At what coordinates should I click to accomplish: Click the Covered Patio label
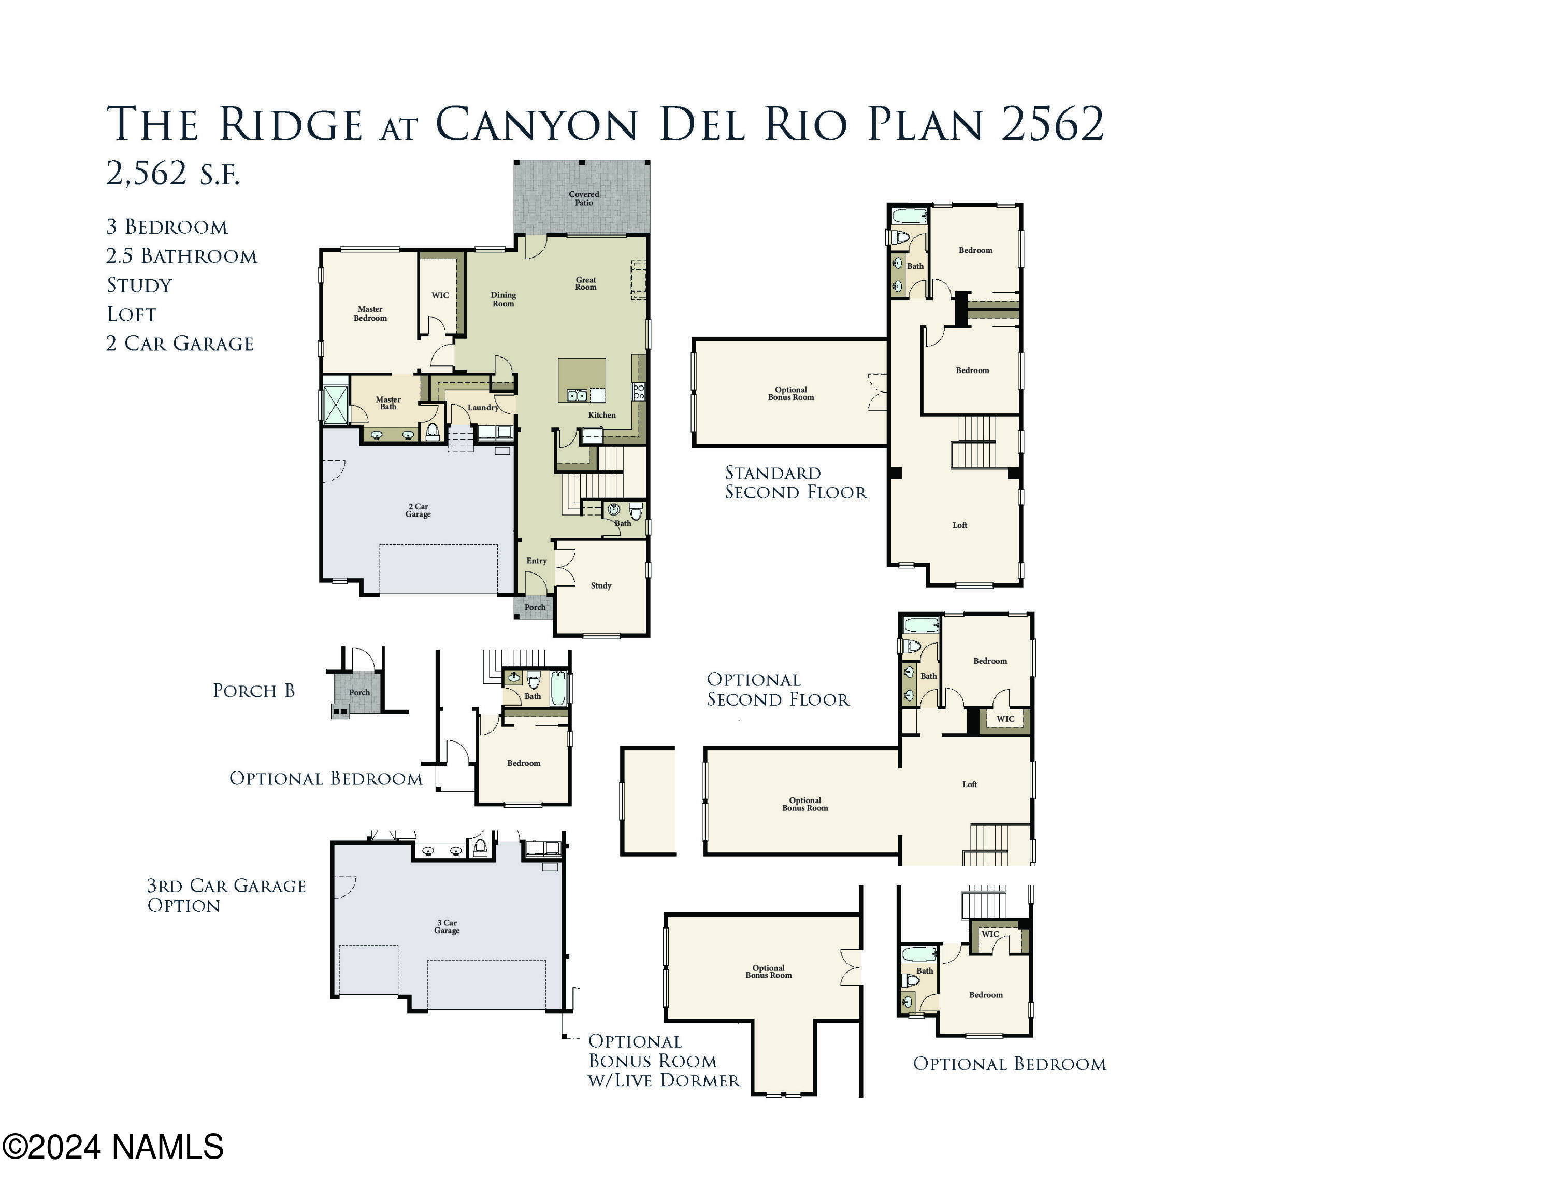click(583, 198)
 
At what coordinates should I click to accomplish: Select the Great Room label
click(585, 284)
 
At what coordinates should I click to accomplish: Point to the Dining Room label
click(503, 299)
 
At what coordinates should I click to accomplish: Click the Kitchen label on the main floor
click(601, 416)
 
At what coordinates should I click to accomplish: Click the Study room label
click(600, 585)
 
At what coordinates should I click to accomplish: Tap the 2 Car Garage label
click(419, 510)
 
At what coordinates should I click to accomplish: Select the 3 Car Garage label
click(447, 926)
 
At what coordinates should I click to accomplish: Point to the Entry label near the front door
click(537, 561)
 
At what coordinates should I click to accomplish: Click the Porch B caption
click(253, 691)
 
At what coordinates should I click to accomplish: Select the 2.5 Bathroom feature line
click(181, 256)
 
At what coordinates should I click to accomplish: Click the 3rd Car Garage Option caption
click(225, 895)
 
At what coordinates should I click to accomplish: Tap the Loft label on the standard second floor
click(959, 525)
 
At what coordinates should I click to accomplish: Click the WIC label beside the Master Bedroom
click(440, 295)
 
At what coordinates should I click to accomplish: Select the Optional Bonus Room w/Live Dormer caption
click(663, 1060)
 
